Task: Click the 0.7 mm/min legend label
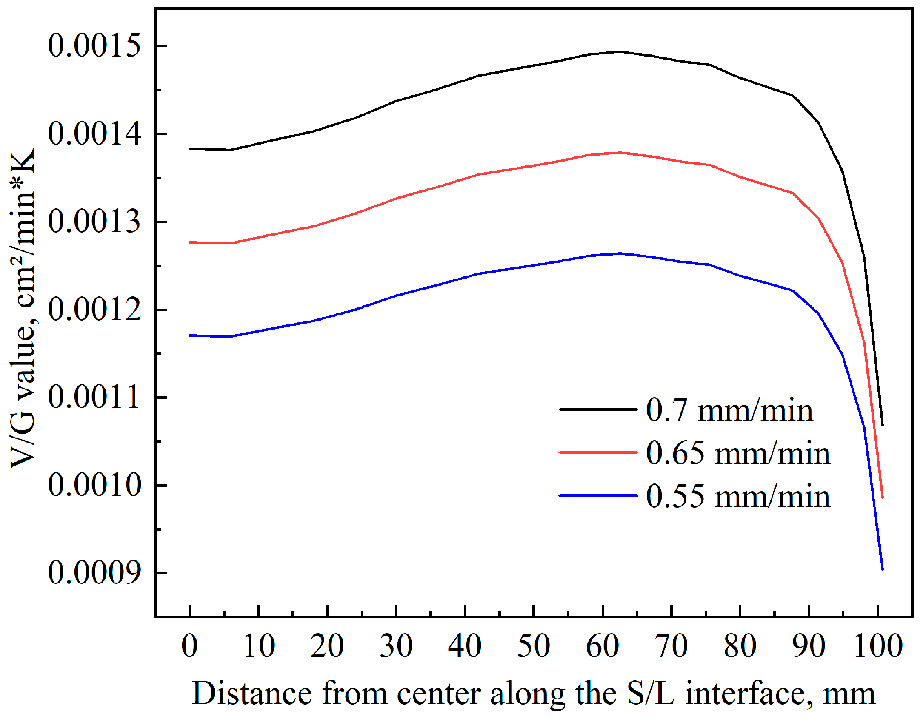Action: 729,410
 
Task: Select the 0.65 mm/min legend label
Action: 737,453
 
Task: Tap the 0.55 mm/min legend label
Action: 737,496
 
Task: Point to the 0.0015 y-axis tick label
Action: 94,45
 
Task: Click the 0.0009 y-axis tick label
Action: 94,573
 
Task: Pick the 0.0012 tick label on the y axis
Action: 94,310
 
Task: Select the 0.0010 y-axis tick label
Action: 94,485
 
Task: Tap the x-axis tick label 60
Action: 603,646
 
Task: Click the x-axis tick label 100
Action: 878,646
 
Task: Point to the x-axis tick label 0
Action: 190,646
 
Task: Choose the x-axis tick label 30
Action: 396,646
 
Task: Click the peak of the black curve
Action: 619,52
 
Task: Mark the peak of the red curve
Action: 619,153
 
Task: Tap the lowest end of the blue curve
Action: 882,569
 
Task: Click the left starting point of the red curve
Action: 190,242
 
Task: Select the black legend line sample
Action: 598,409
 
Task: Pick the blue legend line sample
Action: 598,495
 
